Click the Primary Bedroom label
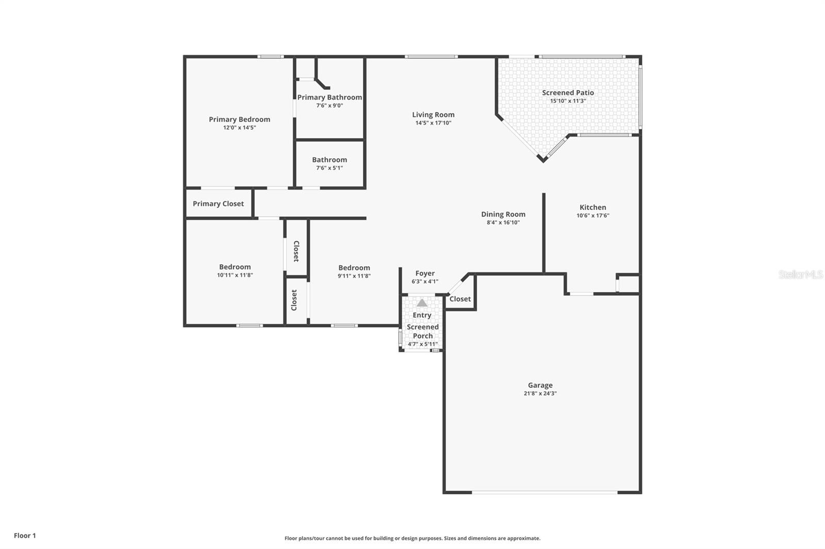click(239, 119)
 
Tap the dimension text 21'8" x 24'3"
click(540, 393)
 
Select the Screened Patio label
click(568, 93)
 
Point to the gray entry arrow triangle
click(422, 303)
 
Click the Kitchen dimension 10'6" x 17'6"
click(592, 216)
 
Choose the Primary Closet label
click(218, 203)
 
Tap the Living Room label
click(433, 115)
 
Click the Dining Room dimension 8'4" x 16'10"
click(503, 222)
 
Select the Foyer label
click(425, 273)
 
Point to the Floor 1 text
click(25, 536)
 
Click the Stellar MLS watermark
click(800, 274)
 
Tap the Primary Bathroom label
click(329, 97)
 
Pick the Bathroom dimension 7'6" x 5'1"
click(329, 168)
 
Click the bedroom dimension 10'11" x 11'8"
click(235, 275)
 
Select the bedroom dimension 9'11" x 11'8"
click(354, 276)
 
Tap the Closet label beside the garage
click(460, 299)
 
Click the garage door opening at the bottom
click(544, 492)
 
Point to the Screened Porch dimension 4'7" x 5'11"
click(422, 344)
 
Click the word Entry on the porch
click(422, 315)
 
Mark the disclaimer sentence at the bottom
click(412, 538)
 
